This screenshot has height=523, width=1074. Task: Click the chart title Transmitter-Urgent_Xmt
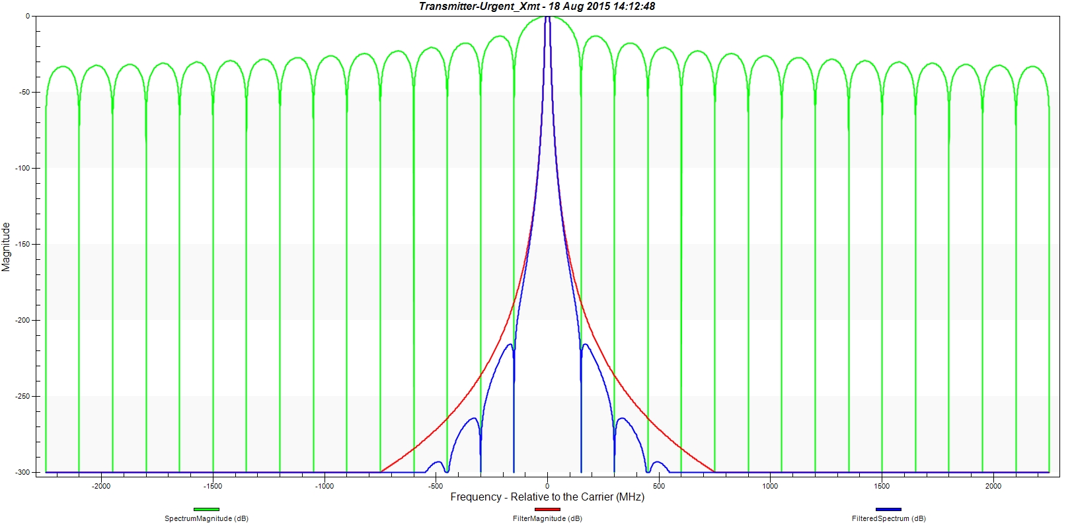click(x=537, y=6)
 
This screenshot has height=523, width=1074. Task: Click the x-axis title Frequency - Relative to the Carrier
click(x=547, y=497)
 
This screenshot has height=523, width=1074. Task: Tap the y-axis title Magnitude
click(x=7, y=246)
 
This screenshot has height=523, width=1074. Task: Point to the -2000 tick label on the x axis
click(x=101, y=486)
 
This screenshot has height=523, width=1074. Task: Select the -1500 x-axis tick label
click(x=213, y=486)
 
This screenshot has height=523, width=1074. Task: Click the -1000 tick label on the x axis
click(x=325, y=486)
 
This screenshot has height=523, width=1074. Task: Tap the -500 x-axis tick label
click(x=436, y=486)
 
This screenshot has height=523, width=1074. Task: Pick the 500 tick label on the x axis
click(x=659, y=486)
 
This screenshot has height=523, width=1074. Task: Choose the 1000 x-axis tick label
click(x=770, y=486)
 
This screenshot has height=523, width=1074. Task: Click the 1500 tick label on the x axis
click(x=882, y=486)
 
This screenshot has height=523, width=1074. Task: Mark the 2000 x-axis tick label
click(x=993, y=486)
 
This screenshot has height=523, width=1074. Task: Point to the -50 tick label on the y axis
click(x=24, y=92)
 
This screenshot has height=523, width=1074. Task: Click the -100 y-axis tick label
click(x=22, y=168)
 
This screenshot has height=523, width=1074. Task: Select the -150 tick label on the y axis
click(x=22, y=244)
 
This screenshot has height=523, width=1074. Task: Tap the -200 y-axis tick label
click(x=22, y=320)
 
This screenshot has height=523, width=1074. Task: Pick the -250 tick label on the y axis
click(x=22, y=396)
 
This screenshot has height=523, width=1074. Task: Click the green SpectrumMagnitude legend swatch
click(x=206, y=509)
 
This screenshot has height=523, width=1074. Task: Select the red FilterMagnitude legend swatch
click(x=547, y=509)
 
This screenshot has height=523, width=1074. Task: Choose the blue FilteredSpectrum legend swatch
click(x=888, y=509)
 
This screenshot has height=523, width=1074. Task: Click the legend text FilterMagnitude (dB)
click(x=547, y=518)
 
